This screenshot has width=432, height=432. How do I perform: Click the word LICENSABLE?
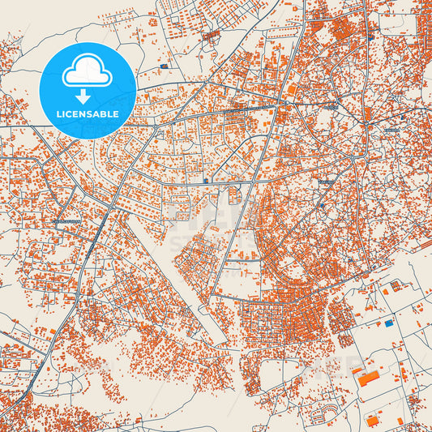click(87, 114)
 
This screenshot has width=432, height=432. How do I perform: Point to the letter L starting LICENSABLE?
click(58, 114)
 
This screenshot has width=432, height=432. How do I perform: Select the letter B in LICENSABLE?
click(105, 114)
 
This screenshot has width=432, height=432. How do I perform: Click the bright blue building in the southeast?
click(388, 323)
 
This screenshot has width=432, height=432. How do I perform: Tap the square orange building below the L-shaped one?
click(372, 421)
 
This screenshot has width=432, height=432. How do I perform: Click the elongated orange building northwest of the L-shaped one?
click(357, 370)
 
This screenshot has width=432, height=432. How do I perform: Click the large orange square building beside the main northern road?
click(291, 89)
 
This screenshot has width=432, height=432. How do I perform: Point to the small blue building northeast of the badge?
click(165, 66)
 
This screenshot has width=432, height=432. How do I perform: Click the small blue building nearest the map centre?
click(207, 180)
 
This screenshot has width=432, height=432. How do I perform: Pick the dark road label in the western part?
click(66, 220)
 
